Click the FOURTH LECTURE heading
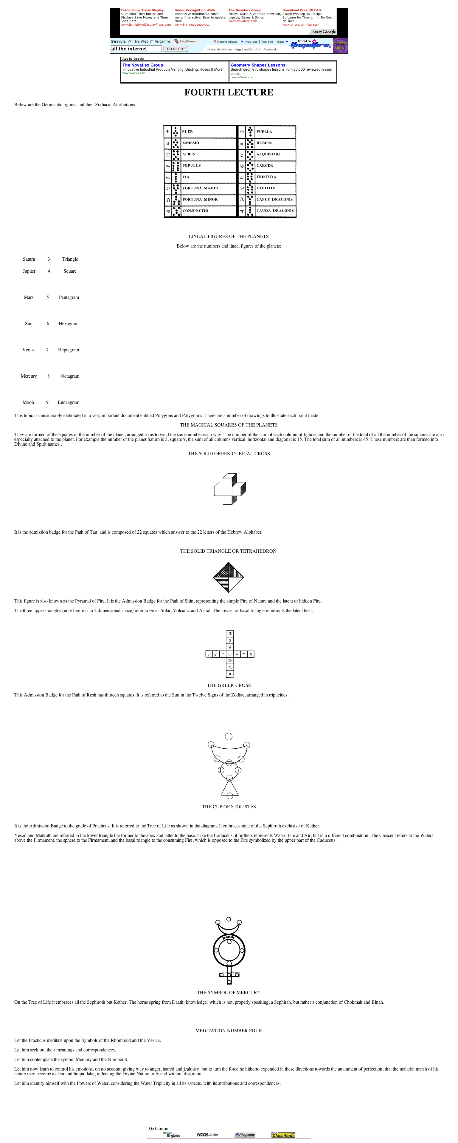[x=229, y=92]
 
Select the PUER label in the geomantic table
[x=187, y=132]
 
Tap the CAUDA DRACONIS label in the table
[x=275, y=211]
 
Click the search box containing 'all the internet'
[x=136, y=49]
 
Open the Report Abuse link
[x=226, y=42]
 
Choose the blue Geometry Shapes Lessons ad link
[x=257, y=65]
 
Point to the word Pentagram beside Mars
[x=69, y=297]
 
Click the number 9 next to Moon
[x=47, y=402]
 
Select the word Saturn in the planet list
[x=29, y=259]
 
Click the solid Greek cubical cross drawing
[x=230, y=489]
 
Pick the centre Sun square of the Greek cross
[x=230, y=654]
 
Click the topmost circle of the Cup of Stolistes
[x=229, y=736]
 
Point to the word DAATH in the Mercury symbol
[x=229, y=937]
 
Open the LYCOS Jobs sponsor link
[x=207, y=1135]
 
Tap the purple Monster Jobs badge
[x=340, y=46]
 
